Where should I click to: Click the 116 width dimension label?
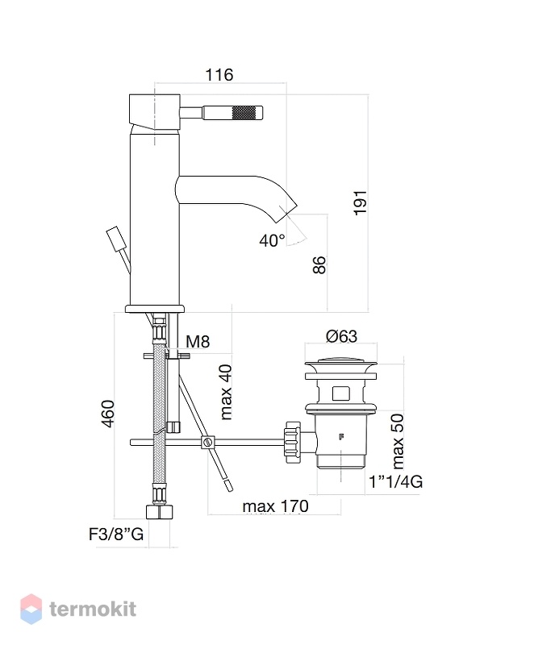pyautogui.click(x=219, y=75)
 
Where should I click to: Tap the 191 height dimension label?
pyautogui.click(x=361, y=202)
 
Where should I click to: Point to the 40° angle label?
pyautogui.click(x=272, y=240)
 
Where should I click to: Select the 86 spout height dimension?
pyautogui.click(x=319, y=265)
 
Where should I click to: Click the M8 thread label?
pyautogui.click(x=198, y=341)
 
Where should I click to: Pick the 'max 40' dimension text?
pyautogui.click(x=227, y=392)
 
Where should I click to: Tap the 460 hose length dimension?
pyautogui.click(x=107, y=414)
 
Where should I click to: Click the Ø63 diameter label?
pyautogui.click(x=341, y=336)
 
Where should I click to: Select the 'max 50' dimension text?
pyautogui.click(x=398, y=441)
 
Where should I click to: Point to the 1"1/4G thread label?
pyautogui.click(x=396, y=481)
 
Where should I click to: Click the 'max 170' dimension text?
pyautogui.click(x=275, y=506)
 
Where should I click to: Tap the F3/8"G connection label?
pyautogui.click(x=116, y=535)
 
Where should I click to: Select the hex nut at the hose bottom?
pyautogui.click(x=159, y=513)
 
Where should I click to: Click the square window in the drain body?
pyautogui.click(x=341, y=393)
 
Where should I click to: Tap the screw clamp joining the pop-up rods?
pyautogui.click(x=208, y=443)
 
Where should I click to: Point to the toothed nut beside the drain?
pyautogui.click(x=293, y=442)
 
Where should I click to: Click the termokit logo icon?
pyautogui.click(x=31, y=609)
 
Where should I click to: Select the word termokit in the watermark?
pyautogui.click(x=93, y=610)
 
